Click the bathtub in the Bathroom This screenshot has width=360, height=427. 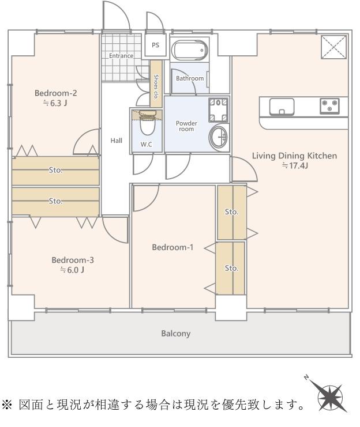tap(190, 50)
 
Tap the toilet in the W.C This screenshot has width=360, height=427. tap(148, 123)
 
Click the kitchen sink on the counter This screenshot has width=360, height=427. tap(282, 107)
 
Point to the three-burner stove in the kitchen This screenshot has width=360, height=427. tap(329, 106)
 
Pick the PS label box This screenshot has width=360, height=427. tap(155, 45)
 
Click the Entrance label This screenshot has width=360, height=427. tap(121, 56)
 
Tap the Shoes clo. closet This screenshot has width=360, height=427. tap(156, 84)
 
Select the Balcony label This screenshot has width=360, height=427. tap(175, 334)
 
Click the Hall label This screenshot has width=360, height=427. tap(116, 141)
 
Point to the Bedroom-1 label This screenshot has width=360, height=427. tap(172, 247)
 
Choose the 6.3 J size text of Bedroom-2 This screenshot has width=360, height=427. tap(55, 103)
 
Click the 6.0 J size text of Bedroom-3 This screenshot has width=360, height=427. tap(72, 270)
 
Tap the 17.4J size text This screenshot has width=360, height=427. tap(295, 165)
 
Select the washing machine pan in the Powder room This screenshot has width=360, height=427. tap(218, 110)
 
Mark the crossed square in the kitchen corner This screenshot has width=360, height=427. tap(334, 47)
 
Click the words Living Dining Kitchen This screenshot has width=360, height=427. tap(294, 156)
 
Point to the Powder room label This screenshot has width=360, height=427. tap(186, 126)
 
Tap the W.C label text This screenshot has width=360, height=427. tap(146, 145)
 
